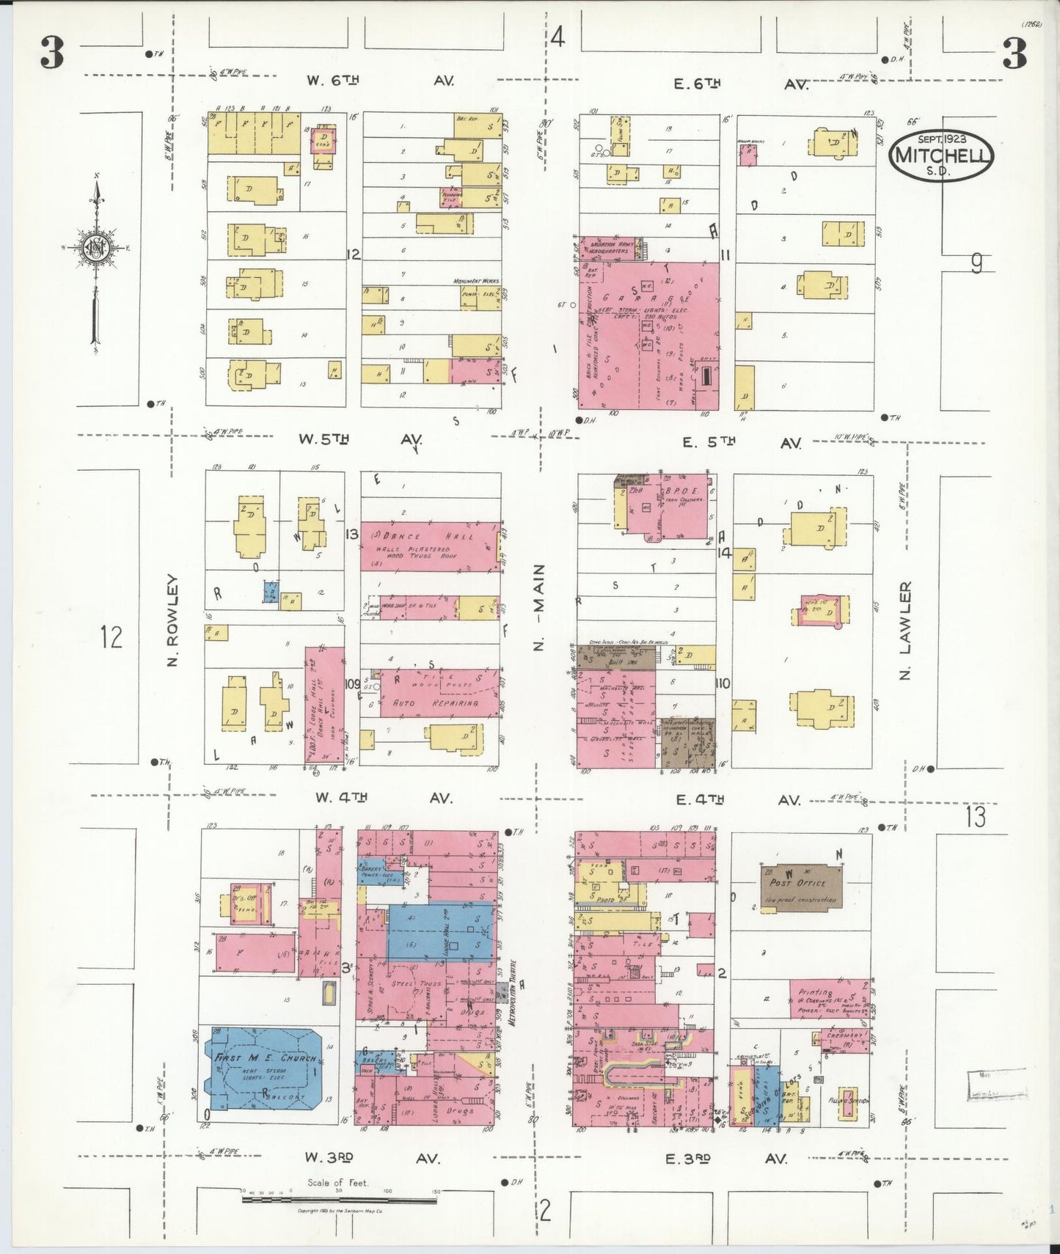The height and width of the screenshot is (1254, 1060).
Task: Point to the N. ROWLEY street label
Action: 173,620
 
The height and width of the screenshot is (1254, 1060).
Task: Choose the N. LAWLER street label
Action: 905,631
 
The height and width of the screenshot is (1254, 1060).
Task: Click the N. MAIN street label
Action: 539,608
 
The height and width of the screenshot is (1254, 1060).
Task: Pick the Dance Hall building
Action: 429,546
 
